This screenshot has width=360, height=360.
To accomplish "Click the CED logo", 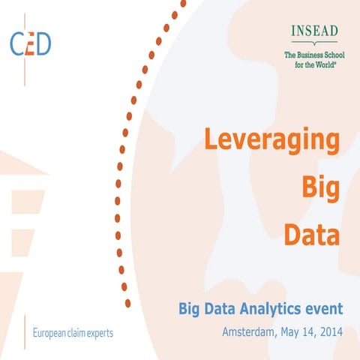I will pos(31,43).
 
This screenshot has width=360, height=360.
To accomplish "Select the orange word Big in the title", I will pos(319,187).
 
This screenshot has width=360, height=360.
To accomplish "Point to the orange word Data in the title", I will pos(312,235).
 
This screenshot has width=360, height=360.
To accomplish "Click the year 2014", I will pos(330,331).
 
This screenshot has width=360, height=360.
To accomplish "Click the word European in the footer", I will pos(50,332).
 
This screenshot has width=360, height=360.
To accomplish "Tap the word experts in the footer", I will pos(99,332).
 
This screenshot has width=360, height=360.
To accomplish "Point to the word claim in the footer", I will pos(76,332).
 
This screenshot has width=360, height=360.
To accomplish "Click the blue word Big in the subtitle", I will pos(188,308).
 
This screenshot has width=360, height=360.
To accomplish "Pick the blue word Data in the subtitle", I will pos(220,308).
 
